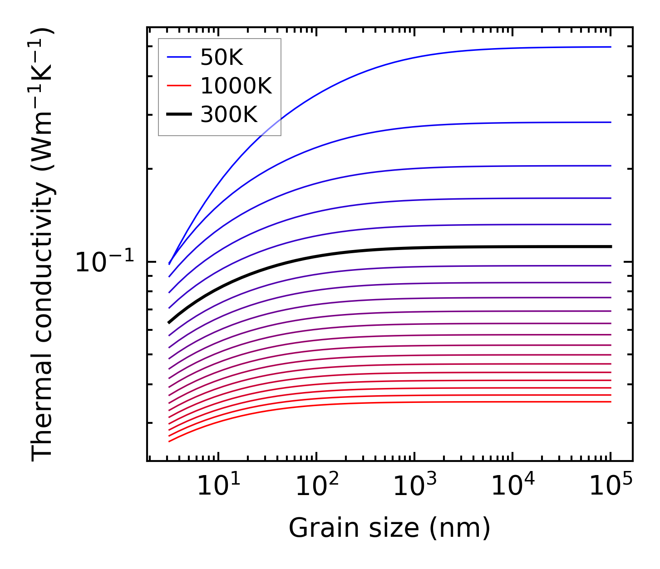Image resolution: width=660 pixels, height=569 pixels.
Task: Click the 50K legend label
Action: (222, 58)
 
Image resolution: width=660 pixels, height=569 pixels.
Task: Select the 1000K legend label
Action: (236, 86)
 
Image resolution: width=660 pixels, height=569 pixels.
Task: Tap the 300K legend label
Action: (229, 115)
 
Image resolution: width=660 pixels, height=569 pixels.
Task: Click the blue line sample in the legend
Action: (179, 57)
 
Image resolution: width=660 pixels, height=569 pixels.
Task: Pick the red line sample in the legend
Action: (179, 86)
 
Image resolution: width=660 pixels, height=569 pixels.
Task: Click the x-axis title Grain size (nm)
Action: (389, 529)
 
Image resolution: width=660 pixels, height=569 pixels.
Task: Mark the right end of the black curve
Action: (611, 246)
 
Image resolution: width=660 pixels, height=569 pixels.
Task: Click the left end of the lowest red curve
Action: (169, 441)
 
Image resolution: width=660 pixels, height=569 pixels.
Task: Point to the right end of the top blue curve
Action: (611, 47)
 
